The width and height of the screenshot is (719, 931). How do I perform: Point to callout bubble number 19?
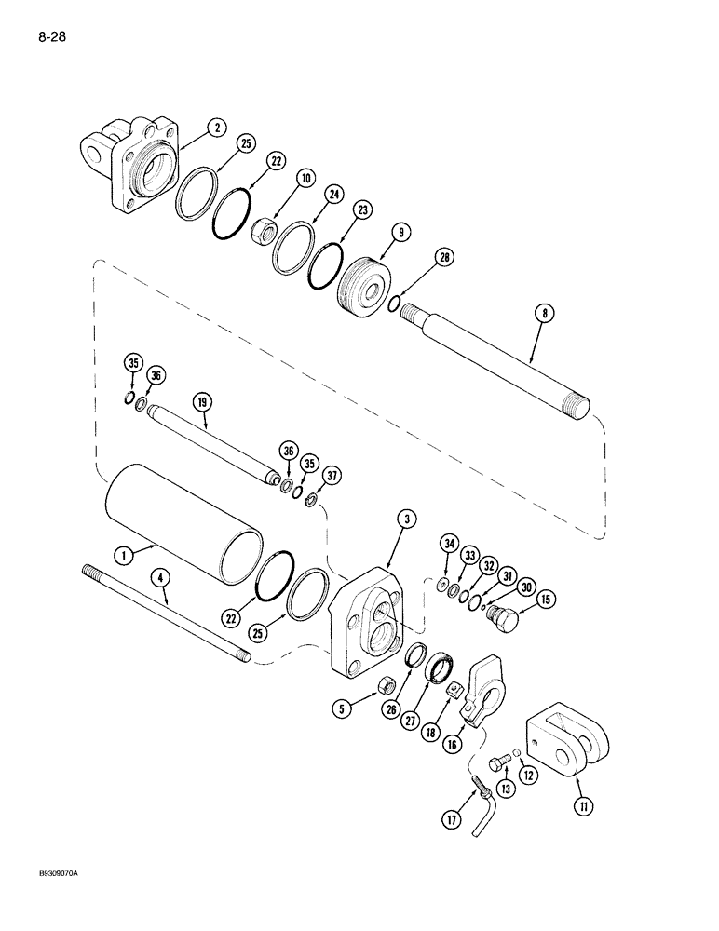point(204,401)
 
